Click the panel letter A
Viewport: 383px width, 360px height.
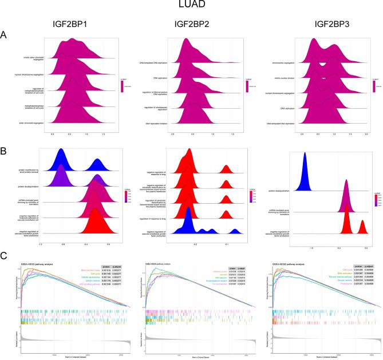(5, 35)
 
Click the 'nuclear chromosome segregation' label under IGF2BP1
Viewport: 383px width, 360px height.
(27, 75)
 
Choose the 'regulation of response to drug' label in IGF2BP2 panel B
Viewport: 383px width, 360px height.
(151, 218)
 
